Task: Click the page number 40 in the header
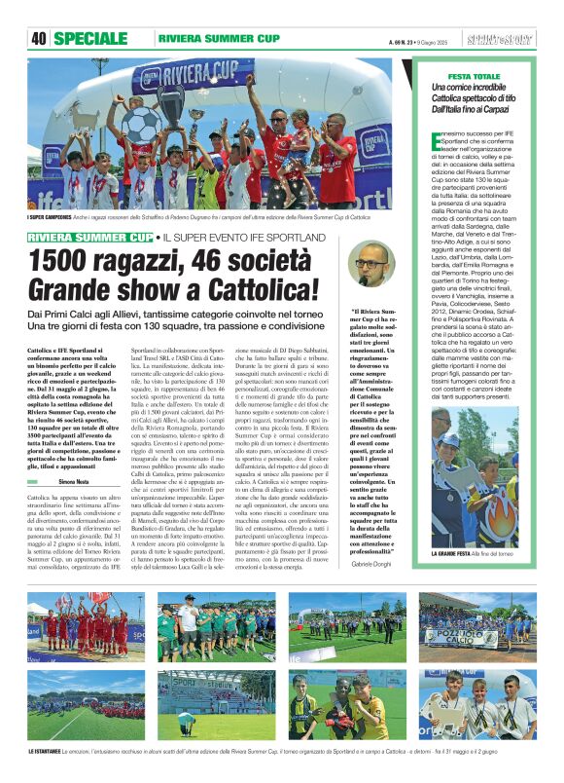click(39, 39)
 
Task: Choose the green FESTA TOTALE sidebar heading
click(474, 76)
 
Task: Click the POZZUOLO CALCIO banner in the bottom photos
click(465, 637)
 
